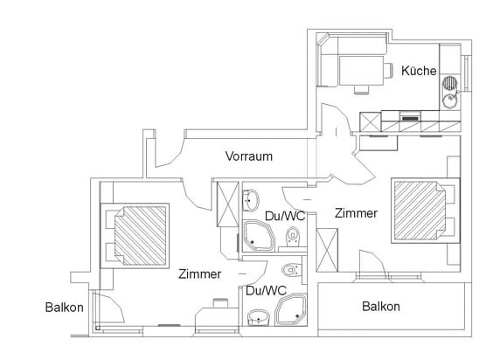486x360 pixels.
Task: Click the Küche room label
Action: click(x=419, y=71)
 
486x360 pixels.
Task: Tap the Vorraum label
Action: click(x=249, y=156)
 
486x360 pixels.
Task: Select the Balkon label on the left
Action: click(x=64, y=308)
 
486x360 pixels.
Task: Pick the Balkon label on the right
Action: click(x=381, y=307)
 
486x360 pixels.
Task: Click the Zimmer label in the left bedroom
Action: click(x=199, y=273)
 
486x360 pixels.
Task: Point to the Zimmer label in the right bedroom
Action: click(x=356, y=213)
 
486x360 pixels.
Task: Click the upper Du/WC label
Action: click(x=285, y=216)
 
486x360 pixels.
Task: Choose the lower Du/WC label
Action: click(x=266, y=291)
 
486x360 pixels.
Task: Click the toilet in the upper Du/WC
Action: click(x=292, y=237)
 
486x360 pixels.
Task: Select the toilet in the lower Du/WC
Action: click(x=291, y=270)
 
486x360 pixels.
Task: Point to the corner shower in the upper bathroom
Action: click(x=259, y=235)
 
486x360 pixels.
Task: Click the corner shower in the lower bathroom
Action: click(x=291, y=310)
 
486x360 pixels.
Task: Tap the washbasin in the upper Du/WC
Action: click(x=251, y=200)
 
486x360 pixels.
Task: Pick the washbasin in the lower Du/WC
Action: click(x=259, y=317)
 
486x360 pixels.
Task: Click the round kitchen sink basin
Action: click(x=449, y=100)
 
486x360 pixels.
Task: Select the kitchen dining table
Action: click(x=361, y=71)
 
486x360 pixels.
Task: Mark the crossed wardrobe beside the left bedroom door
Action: click(x=227, y=204)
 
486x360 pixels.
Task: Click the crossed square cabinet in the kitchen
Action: click(x=370, y=121)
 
